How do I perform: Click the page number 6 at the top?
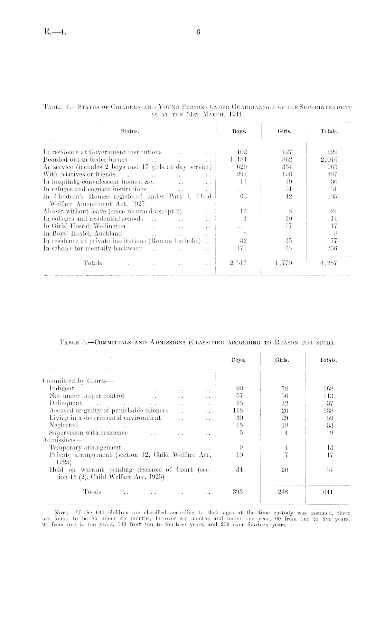click(x=198, y=32)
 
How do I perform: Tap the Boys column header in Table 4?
click(x=238, y=131)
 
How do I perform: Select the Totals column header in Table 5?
click(x=328, y=360)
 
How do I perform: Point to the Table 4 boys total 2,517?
click(x=238, y=263)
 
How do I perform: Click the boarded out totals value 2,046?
click(x=329, y=159)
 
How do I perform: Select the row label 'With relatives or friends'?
click(x=79, y=174)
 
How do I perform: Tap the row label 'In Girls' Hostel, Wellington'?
click(x=84, y=226)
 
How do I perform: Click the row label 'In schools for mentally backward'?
click(x=92, y=248)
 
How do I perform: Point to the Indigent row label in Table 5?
click(x=62, y=388)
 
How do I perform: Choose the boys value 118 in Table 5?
click(x=238, y=410)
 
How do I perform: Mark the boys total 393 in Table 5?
click(x=238, y=492)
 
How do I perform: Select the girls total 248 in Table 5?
click(x=283, y=492)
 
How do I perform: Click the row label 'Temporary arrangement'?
click(x=85, y=448)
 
